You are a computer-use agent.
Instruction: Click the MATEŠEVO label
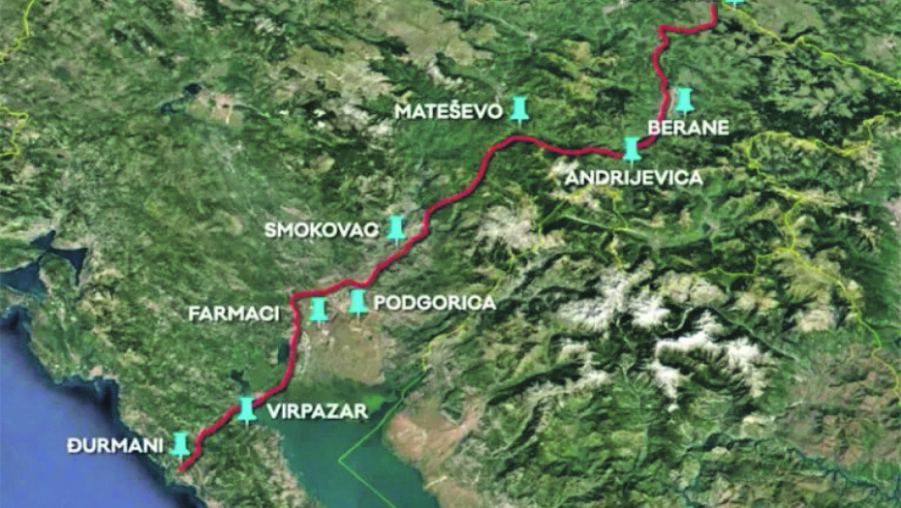449,111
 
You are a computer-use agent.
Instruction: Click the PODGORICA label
434,303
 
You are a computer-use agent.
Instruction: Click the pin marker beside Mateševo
521,108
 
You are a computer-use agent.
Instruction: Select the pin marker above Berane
684,100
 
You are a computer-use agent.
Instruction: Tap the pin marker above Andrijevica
632,148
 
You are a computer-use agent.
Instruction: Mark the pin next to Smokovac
396,228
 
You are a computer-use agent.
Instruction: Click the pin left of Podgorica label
358,302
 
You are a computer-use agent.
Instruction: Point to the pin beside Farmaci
318,310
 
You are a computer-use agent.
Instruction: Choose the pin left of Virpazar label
247,409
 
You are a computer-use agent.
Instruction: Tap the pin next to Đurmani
180,443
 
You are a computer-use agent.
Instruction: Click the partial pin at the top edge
734,3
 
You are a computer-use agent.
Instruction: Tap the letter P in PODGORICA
380,303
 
